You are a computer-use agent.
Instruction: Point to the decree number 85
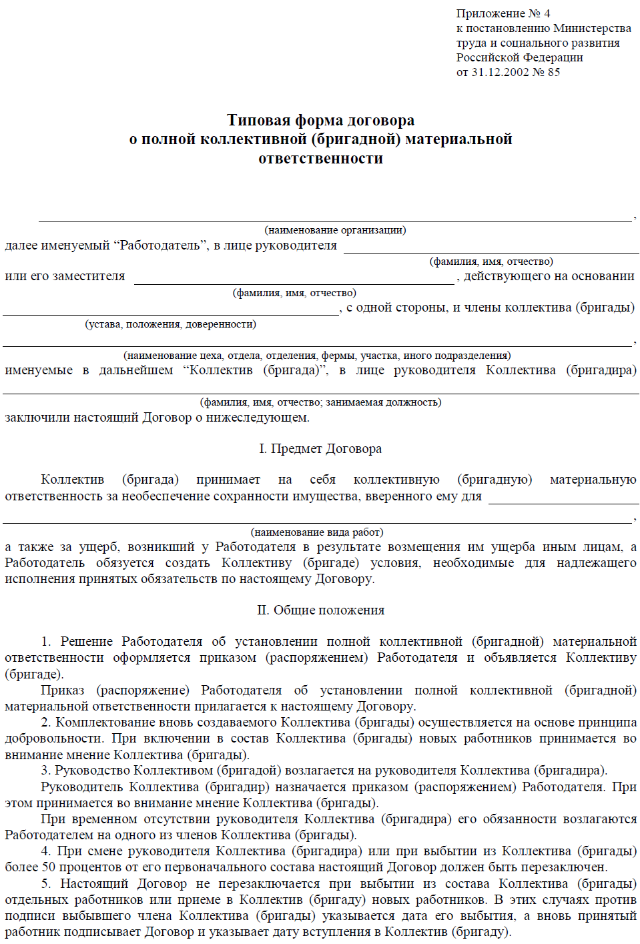tap(554, 72)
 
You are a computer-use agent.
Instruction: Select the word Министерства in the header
tap(592, 28)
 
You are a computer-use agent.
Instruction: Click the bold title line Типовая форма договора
tap(320, 120)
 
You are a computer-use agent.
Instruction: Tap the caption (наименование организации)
tap(335, 230)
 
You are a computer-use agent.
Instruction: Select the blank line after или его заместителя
tap(294, 283)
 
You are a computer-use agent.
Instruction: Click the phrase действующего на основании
tap(549, 276)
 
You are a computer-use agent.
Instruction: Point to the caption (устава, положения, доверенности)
tap(170, 324)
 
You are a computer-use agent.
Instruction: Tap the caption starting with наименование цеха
tap(317, 356)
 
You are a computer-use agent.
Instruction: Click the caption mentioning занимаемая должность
tap(320, 402)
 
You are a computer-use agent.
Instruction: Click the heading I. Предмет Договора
tap(320, 449)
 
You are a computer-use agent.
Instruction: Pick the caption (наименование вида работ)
tap(317, 532)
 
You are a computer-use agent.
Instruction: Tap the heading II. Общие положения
tap(320, 610)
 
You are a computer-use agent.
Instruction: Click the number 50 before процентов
tap(49, 867)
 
